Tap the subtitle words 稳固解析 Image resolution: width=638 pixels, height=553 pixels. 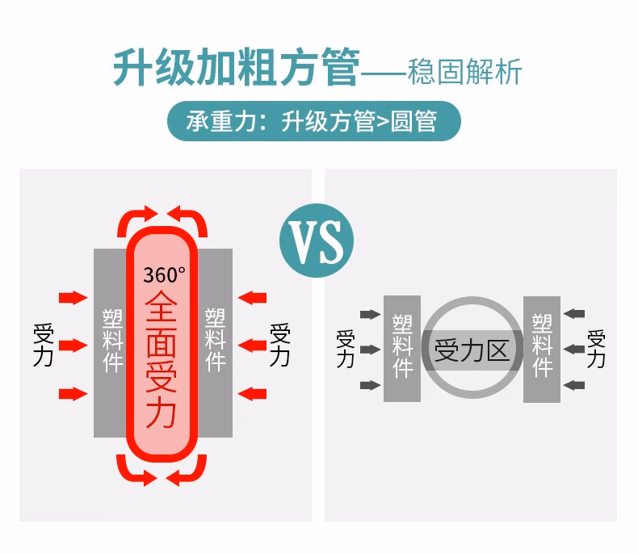[465, 71]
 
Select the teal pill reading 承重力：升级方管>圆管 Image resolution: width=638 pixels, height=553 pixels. [313, 121]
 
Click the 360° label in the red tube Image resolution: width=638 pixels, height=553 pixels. [164, 274]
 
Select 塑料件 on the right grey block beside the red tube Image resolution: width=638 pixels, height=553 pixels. [215, 339]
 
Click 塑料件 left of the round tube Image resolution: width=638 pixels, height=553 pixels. [402, 346]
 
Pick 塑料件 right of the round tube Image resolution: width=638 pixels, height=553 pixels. [542, 346]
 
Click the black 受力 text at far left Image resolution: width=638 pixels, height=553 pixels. [43, 346]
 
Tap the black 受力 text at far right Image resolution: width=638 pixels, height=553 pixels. [279, 345]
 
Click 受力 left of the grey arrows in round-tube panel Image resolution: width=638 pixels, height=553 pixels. [346, 349]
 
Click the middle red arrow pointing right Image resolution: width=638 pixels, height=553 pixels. [73, 346]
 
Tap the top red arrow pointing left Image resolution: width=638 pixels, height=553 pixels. [253, 298]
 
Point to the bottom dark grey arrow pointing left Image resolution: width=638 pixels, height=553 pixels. [574, 385]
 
